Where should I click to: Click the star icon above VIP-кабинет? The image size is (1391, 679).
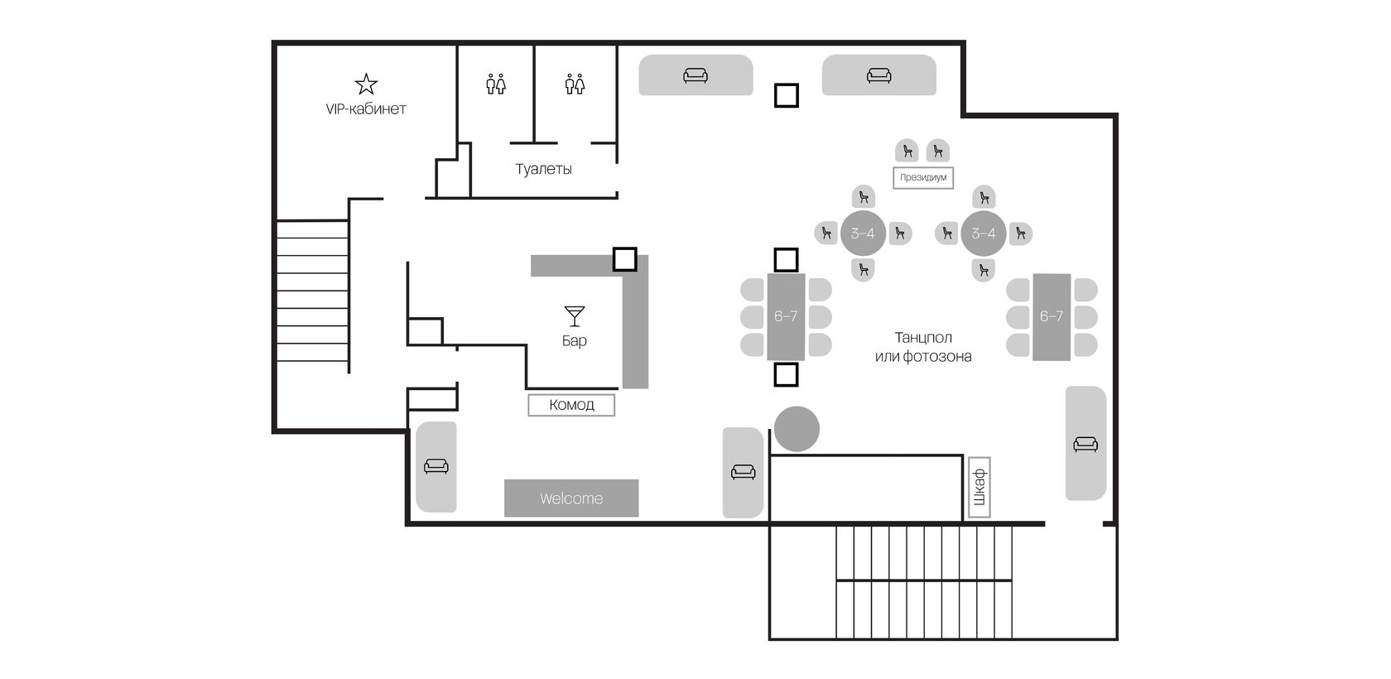tap(366, 84)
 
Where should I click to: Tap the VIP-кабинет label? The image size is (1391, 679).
tap(366, 109)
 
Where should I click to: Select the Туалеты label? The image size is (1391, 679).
tap(543, 169)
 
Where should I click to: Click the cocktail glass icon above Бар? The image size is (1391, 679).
tap(575, 316)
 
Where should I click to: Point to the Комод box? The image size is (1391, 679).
tap(571, 405)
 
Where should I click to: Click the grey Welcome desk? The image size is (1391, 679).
tap(571, 498)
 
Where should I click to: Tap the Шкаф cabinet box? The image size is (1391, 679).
tap(979, 488)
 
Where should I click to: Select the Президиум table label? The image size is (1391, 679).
tap(922, 178)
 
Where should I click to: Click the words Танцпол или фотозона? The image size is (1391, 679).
tap(923, 347)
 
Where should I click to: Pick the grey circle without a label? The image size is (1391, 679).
tap(797, 429)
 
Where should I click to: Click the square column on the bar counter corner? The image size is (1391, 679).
tap(624, 259)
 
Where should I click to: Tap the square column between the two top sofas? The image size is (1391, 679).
tap(787, 96)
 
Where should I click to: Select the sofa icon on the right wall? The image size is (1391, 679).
tap(1085, 444)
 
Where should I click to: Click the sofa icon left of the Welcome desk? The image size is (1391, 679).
tap(436, 466)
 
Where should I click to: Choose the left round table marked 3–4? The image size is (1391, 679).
tap(863, 234)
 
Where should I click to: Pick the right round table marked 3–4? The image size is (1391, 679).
tap(983, 234)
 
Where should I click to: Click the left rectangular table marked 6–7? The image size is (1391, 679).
tap(786, 317)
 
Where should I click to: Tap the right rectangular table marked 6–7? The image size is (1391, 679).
tap(1052, 317)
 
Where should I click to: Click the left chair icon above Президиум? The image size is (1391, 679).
tap(907, 151)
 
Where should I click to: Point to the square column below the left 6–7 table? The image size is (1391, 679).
tap(787, 374)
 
